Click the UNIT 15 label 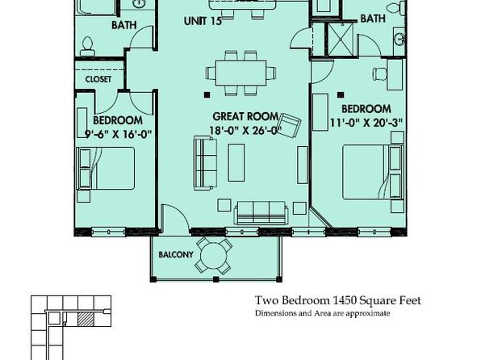(203, 21)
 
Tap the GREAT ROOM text (245, 116)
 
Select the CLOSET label (98, 79)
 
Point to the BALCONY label (176, 254)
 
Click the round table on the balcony (214, 255)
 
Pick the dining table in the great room (240, 73)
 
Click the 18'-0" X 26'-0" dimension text (245, 131)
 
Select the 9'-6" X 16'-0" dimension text (118, 134)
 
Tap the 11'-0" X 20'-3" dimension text (366, 123)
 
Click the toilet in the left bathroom (87, 46)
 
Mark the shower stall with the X (341, 40)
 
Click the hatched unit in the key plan (86, 319)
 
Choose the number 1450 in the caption (344, 300)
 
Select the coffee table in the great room (236, 162)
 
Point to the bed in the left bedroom (106, 168)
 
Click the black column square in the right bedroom (341, 95)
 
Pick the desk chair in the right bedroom (379, 73)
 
